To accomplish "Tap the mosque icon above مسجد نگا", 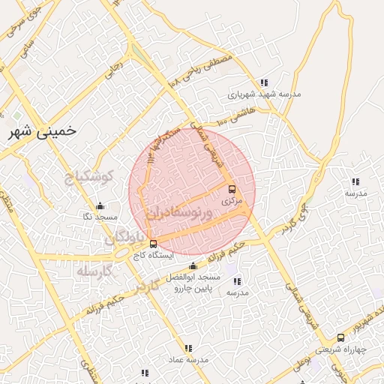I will [100, 206].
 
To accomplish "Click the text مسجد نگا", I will [100, 217].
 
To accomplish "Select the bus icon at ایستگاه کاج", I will [154, 244].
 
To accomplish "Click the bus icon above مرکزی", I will [231, 190].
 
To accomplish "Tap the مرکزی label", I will [231, 201].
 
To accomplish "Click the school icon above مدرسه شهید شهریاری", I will [263, 82].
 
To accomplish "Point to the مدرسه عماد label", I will [189, 360].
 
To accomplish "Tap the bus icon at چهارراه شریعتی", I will [342, 338].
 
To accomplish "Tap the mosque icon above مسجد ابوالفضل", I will [193, 265].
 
